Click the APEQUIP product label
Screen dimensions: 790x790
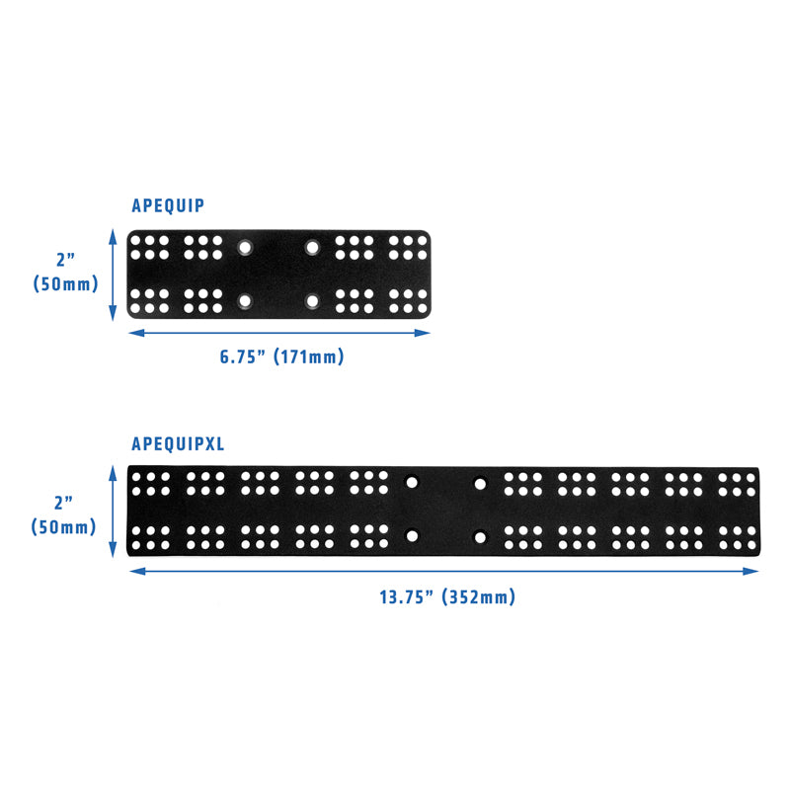[x=168, y=205]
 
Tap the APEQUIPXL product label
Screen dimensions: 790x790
[x=178, y=443]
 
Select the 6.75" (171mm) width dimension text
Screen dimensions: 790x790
[x=282, y=356]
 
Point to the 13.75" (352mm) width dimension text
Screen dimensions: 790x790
[x=447, y=597]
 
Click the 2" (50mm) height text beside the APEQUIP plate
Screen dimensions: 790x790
[x=65, y=273]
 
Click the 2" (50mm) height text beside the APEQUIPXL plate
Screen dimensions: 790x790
[x=63, y=515]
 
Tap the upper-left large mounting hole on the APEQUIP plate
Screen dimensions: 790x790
[x=245, y=248]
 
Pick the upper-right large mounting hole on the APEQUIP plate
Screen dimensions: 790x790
[x=312, y=248]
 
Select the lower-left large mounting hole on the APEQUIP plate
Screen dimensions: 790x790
[x=245, y=301]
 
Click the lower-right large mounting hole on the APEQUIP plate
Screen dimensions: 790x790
[x=312, y=301]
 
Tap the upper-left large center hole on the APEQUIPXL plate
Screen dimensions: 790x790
[x=412, y=483]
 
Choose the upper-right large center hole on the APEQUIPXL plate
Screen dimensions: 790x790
[x=480, y=484]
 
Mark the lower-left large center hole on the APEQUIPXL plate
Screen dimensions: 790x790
[x=412, y=535]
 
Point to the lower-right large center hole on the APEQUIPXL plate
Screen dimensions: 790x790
[x=480, y=537]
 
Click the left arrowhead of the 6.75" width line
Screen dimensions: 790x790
[x=136, y=333]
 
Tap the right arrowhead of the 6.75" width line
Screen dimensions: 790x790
[x=423, y=333]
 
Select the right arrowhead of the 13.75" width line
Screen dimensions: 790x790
[x=750, y=571]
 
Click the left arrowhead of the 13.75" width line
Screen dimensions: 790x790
[x=137, y=571]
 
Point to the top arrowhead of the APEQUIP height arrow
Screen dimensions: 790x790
[x=113, y=237]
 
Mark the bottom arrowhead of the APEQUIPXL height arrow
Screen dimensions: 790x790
[x=113, y=550]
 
